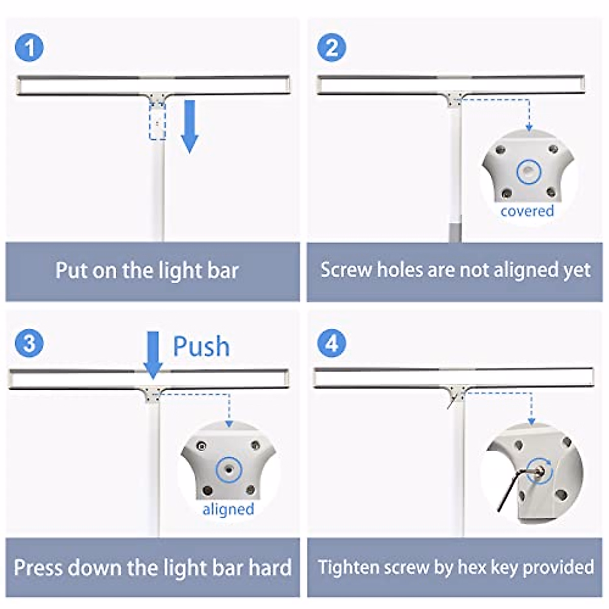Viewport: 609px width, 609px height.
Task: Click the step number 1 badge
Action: tap(29, 48)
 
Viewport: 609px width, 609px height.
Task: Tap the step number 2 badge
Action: tap(331, 48)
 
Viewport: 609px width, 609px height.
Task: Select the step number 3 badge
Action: tap(29, 344)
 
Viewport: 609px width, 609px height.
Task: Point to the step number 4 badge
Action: tap(331, 344)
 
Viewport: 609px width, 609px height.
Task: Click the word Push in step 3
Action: tap(201, 347)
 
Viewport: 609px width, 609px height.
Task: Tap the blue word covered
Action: tap(527, 211)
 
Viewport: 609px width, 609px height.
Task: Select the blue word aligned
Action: tap(228, 509)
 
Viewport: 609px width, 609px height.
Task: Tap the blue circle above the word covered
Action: tap(529, 172)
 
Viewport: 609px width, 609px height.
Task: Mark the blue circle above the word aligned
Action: tap(228, 470)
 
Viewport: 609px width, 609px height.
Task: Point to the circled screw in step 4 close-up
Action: tap(540, 470)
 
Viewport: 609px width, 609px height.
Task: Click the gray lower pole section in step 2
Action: tap(455, 229)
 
